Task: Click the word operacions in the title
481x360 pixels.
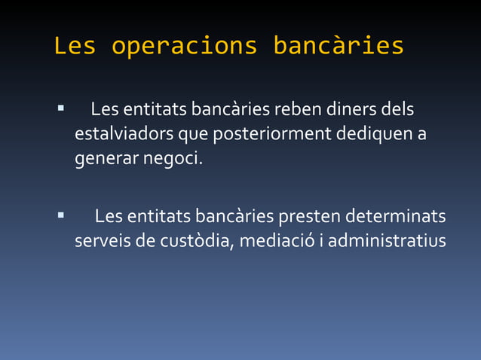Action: pyautogui.click(x=184, y=46)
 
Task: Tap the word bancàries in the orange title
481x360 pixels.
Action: pyautogui.click(x=338, y=46)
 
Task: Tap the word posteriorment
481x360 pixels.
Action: pyautogui.click(x=272, y=136)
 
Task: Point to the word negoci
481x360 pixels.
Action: pyautogui.click(x=170, y=161)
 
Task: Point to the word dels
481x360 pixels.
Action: pyautogui.click(x=397, y=111)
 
